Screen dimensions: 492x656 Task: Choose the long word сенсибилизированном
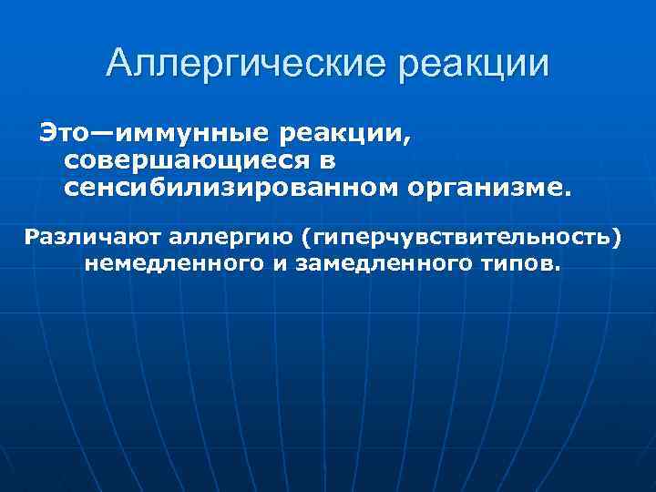[224, 188]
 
